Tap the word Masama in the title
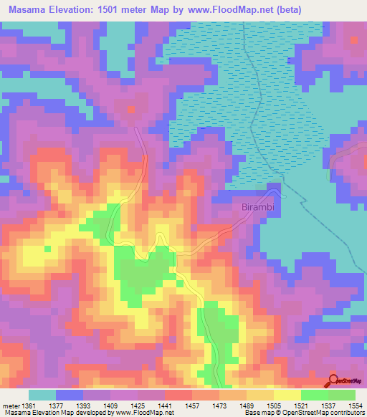pos(32,10)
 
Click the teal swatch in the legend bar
pos(42,395)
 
